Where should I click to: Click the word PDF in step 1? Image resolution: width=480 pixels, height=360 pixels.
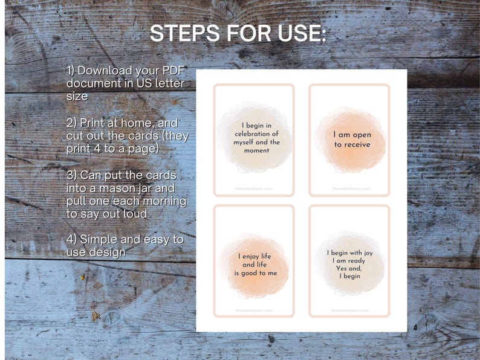[x=172, y=71]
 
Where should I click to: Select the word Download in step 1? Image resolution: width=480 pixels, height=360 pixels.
[x=105, y=71]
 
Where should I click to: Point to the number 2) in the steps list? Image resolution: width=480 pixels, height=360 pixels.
[x=71, y=123]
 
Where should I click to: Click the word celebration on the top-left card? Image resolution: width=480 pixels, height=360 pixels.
[x=256, y=134]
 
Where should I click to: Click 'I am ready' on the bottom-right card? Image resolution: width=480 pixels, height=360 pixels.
[x=349, y=260]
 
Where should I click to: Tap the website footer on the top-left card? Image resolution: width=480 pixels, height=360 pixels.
[x=254, y=188]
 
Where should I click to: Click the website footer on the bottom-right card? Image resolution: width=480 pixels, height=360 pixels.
[x=349, y=310]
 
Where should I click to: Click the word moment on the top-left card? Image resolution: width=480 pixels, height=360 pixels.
[x=256, y=150]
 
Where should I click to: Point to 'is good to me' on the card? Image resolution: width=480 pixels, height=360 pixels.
[x=256, y=272]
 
